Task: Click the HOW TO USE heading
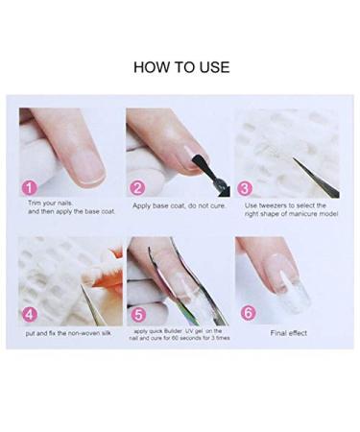click(x=180, y=67)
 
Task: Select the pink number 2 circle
click(x=137, y=188)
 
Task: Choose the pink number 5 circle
click(x=137, y=312)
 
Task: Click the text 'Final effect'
click(x=290, y=332)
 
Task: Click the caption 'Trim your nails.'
click(x=50, y=203)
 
